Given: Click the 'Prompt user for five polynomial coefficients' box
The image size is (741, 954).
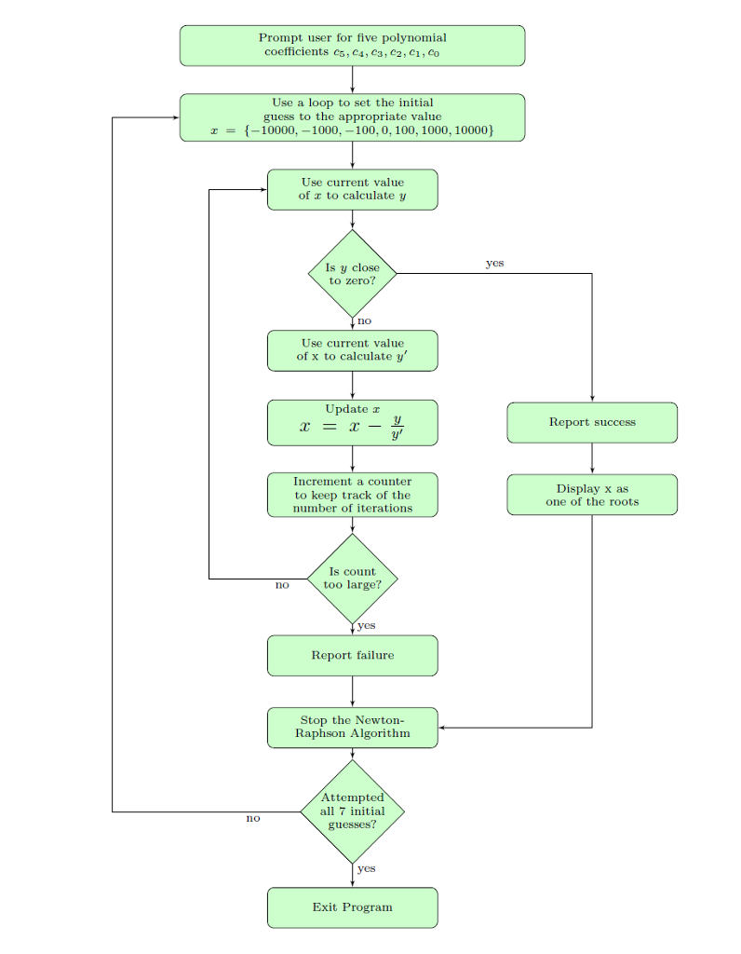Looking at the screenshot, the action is (x=352, y=46).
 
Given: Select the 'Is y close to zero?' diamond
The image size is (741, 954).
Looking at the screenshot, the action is (x=353, y=274).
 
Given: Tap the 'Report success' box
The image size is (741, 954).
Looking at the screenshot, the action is (x=592, y=422).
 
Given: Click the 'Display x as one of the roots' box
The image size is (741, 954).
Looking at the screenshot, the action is (x=592, y=495).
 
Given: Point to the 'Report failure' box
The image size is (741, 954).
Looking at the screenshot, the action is (x=353, y=655).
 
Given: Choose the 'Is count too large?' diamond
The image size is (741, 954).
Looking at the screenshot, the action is (x=353, y=579).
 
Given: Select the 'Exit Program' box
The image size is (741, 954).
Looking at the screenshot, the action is (x=353, y=907).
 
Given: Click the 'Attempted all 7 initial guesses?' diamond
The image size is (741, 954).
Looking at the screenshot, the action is (x=353, y=811).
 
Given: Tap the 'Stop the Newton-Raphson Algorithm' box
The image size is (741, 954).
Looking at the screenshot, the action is (x=353, y=727).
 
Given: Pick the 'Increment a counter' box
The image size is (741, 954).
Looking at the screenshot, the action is (x=353, y=495).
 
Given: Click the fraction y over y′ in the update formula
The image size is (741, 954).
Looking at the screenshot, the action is (x=397, y=427).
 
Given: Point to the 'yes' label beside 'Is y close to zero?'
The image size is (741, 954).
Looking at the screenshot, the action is (x=495, y=263).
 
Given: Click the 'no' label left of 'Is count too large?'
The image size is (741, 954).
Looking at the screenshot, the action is (x=282, y=585).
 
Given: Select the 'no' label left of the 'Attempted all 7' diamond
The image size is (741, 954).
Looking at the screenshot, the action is (x=253, y=818).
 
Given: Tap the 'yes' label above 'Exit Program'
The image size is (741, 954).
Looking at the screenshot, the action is (x=367, y=868).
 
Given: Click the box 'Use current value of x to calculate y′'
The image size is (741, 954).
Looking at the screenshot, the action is (x=353, y=350).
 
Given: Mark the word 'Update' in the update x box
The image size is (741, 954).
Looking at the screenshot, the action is (x=346, y=409).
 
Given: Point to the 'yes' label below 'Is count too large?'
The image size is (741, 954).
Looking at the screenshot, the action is (x=367, y=625).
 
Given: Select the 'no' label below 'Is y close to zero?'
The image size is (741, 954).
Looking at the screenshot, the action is (x=364, y=320).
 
